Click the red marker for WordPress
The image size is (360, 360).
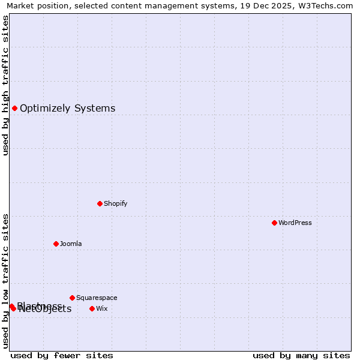pos(274,223)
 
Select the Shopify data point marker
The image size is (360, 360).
pos(100,203)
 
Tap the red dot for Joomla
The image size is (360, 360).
pos(56,244)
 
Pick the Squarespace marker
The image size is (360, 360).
pos(72,298)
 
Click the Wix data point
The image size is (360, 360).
pos(92,308)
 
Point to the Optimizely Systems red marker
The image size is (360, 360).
pos(14,108)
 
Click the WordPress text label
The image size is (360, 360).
pos(295,223)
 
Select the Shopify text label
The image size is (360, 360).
pos(116,203)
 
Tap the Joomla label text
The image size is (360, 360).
pos(71,244)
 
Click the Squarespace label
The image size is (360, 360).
pos(97,298)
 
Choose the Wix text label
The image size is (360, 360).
pos(102,308)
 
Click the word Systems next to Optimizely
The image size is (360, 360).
pos(95,109)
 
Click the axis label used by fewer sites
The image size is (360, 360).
pos(62,355)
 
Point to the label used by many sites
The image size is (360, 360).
pos(301,355)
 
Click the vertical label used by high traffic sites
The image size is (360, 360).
pos(6,85)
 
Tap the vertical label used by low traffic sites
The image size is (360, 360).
pos(6,281)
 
